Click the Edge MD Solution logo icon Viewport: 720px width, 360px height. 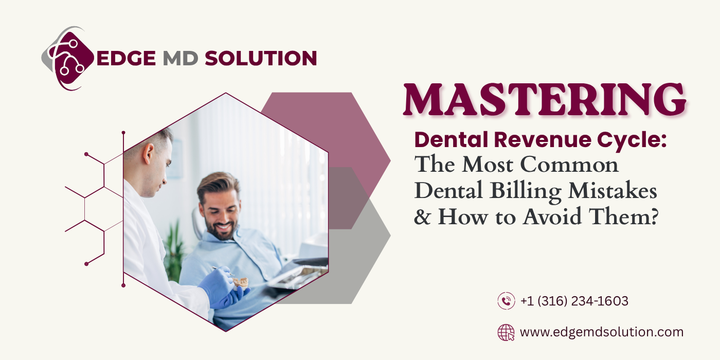[x=67, y=58]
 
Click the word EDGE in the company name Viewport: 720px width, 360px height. [x=126, y=58]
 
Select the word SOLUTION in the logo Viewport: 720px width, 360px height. [x=260, y=58]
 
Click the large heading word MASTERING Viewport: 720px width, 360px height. [x=545, y=101]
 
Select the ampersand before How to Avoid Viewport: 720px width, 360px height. [x=423, y=218]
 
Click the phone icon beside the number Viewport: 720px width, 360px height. [x=506, y=301]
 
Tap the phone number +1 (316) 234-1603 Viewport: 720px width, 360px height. [x=574, y=301]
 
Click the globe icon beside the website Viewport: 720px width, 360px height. [x=506, y=332]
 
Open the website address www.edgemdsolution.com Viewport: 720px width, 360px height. [x=602, y=332]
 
